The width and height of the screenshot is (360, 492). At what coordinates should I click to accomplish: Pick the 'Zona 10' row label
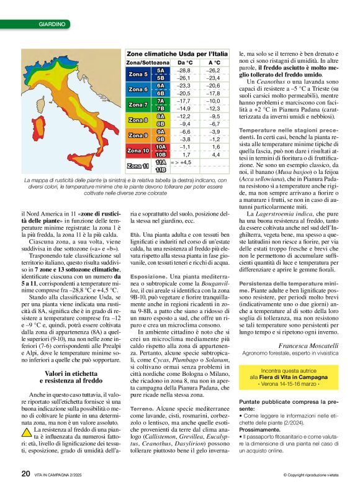point(137,150)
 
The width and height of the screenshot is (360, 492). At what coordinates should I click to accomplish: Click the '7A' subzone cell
point(160,101)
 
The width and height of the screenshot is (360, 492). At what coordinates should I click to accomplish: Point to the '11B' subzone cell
point(160,169)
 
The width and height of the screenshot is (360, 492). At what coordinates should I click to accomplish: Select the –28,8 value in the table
point(184,71)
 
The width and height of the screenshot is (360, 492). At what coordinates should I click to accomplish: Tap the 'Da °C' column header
point(184,63)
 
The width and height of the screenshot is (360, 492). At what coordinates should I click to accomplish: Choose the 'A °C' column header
point(214,63)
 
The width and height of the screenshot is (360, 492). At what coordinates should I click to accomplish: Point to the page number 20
point(25,475)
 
